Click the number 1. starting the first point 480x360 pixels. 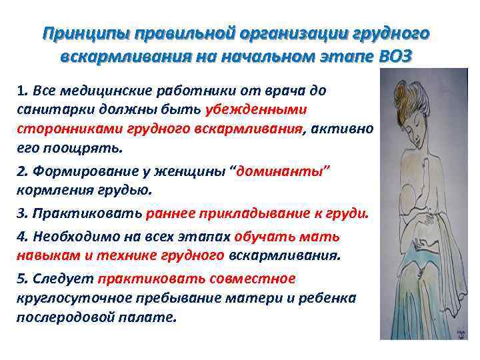[23, 91]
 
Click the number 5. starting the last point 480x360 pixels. [23, 279]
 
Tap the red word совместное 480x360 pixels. [253, 279]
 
